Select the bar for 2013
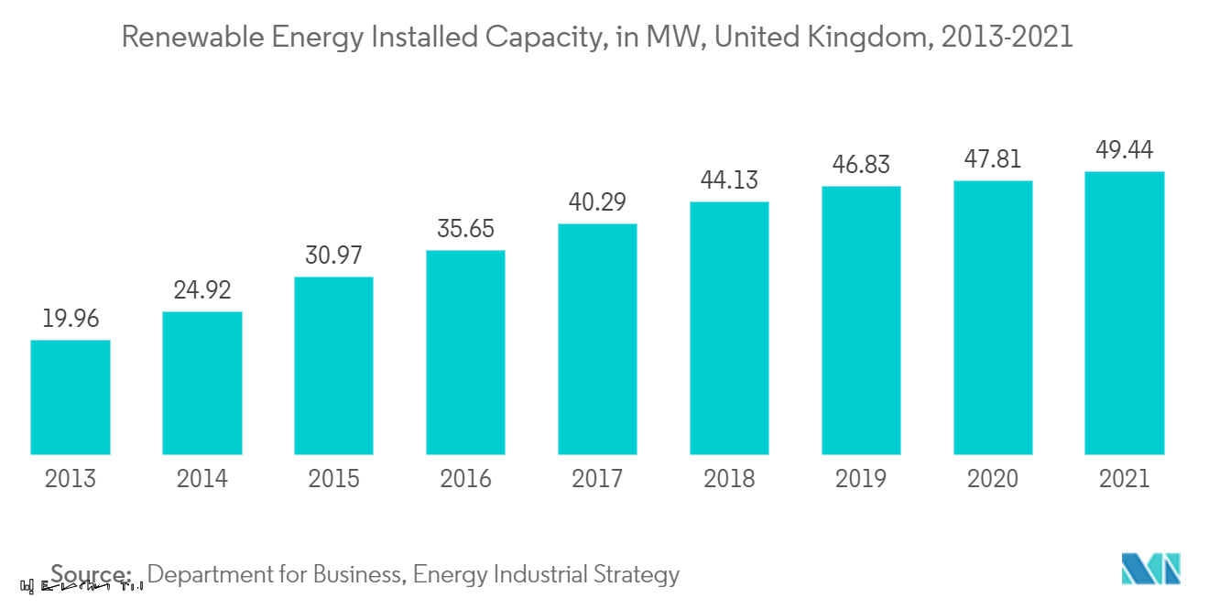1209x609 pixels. click(x=71, y=397)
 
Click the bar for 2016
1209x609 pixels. click(x=465, y=352)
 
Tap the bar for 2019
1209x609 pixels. click(x=861, y=320)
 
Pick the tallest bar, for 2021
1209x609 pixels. click(x=1124, y=312)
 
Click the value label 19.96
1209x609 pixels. click(x=71, y=320)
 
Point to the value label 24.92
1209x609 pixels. click(x=202, y=291)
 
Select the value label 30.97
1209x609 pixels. click(x=333, y=256)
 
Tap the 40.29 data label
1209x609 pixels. click(x=597, y=203)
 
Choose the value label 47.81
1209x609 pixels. click(x=993, y=160)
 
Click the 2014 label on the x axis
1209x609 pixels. click(x=202, y=478)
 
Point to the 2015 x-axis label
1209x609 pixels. click(x=333, y=478)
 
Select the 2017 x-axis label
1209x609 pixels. click(x=597, y=478)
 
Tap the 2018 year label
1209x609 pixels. click(x=729, y=478)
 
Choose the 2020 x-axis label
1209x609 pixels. click(x=993, y=478)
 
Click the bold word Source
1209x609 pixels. click(x=91, y=574)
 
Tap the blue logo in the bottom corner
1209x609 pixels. click(x=1151, y=569)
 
